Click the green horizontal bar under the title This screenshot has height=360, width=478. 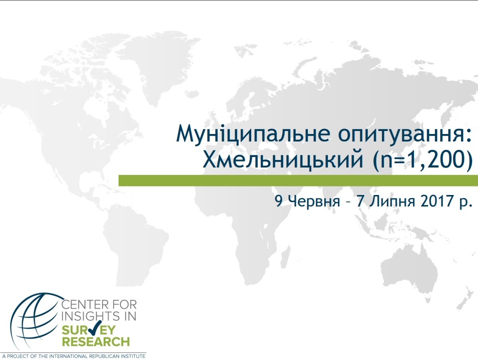pos(298,180)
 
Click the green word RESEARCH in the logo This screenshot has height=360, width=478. pos(96,341)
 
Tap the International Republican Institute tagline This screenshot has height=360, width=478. pos(74,356)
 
